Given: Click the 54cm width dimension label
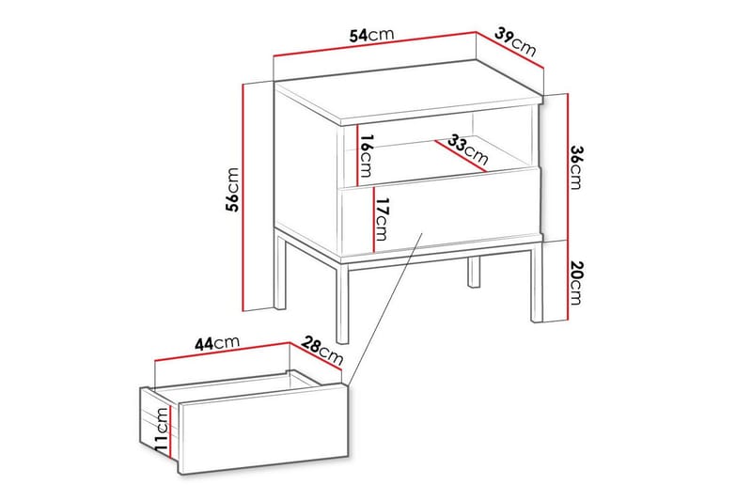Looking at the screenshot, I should (370, 36).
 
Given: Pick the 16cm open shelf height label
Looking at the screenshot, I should (367, 157).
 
